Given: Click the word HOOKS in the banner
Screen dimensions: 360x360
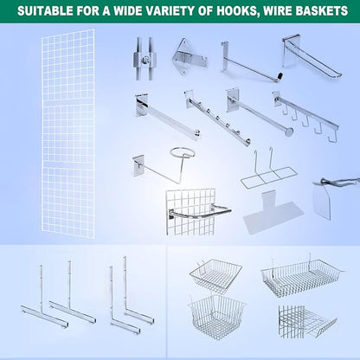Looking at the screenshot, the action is pyautogui.click(x=236, y=11).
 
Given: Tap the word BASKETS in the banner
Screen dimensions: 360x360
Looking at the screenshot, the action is pyautogui.click(x=322, y=11).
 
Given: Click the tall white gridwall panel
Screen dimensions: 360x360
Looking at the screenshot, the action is pyautogui.click(x=68, y=133).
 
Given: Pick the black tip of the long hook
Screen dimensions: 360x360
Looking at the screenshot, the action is pyautogui.click(x=280, y=77).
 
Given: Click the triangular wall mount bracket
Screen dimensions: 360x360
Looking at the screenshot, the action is pyautogui.click(x=189, y=56).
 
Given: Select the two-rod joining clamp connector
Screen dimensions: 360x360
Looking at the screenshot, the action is pyautogui.click(x=145, y=59).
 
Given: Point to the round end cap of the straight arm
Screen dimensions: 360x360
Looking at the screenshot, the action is pyautogui.click(x=288, y=132).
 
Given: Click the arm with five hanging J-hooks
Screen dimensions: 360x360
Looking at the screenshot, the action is pyautogui.click(x=305, y=118).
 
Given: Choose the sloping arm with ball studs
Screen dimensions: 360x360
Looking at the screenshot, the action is pyautogui.click(x=217, y=118).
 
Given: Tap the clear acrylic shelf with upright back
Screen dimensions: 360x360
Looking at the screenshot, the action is pyautogui.click(x=273, y=211).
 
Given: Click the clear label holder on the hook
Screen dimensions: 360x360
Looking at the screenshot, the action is pyautogui.click(x=323, y=200).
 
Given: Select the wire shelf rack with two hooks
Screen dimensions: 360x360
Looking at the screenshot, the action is pyautogui.click(x=268, y=170).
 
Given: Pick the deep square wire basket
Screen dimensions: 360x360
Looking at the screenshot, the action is pyautogui.click(x=216, y=317).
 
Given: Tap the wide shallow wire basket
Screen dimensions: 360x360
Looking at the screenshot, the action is pyautogui.click(x=301, y=277).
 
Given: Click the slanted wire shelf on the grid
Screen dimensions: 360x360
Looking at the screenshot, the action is pyautogui.click(x=307, y=321).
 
